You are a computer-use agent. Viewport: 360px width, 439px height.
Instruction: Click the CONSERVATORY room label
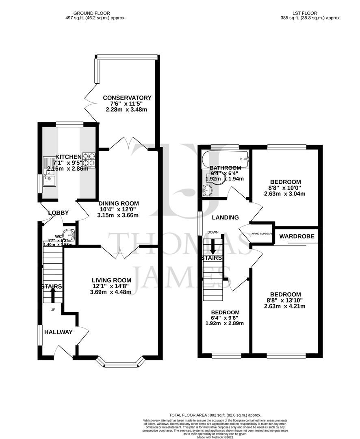pyautogui.click(x=127, y=98)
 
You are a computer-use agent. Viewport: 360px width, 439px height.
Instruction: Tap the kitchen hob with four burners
pyautogui.click(x=89, y=160)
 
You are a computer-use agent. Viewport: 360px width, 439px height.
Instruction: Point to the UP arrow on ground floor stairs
pyautogui.click(x=52, y=298)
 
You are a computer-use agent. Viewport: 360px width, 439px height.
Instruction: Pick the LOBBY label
pyautogui.click(x=59, y=213)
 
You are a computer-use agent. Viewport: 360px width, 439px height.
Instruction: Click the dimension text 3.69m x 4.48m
pyautogui.click(x=111, y=292)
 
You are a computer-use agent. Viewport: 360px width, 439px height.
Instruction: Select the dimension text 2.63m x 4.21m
pyautogui.click(x=284, y=306)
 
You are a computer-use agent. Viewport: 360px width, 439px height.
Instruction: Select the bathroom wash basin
pyautogui.click(x=208, y=189)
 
